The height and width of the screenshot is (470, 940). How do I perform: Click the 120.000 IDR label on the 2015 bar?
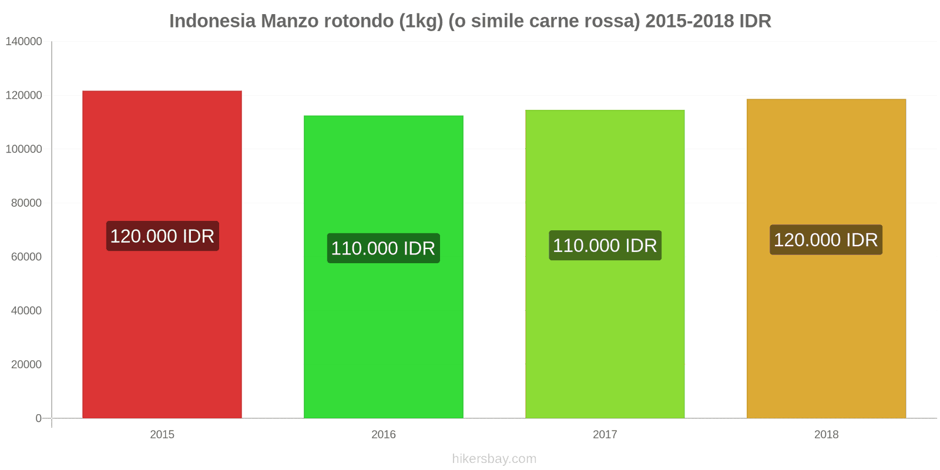[162, 236]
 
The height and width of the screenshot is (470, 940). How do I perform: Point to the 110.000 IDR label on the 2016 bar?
[384, 249]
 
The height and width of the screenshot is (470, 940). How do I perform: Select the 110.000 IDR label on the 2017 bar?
[605, 246]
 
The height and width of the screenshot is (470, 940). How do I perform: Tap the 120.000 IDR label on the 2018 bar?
[826, 240]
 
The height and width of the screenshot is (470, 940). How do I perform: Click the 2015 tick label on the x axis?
[162, 435]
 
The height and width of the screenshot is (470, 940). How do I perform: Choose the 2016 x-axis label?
[384, 435]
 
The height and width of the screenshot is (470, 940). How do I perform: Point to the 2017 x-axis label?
[605, 435]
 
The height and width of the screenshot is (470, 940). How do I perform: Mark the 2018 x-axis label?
[826, 435]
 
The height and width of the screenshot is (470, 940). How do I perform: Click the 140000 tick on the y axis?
[24, 42]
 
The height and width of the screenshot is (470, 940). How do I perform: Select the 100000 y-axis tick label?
[24, 149]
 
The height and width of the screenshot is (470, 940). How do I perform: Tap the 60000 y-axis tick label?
[26, 257]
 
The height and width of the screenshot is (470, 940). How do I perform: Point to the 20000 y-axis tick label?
[26, 365]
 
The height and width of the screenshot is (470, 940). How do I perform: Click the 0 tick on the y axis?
[39, 418]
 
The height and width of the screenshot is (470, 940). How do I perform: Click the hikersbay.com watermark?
[494, 459]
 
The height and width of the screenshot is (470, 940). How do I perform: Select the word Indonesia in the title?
[213, 21]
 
